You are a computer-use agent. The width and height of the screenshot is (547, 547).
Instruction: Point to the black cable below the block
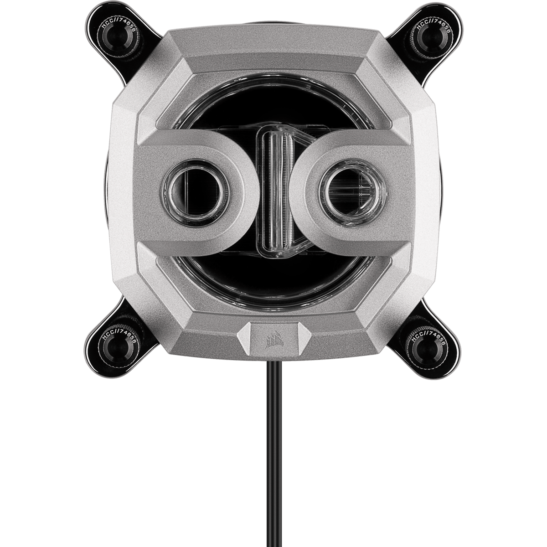pyautogui.click(x=273, y=456)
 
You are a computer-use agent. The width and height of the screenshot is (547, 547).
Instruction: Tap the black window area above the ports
pyautogui.click(x=273, y=109)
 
